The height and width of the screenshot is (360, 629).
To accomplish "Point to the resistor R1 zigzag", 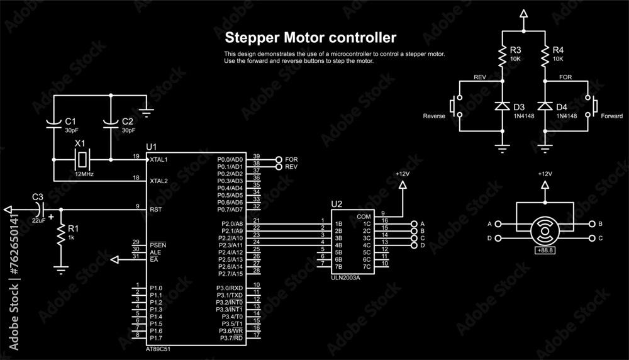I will tap(61, 236).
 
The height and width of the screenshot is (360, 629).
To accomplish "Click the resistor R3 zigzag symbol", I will tap(502, 57).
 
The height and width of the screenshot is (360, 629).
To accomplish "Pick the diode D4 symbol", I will tap(545, 106).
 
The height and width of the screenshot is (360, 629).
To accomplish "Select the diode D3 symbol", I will tap(502, 106).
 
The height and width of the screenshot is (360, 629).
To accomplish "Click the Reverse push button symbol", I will tap(457, 106).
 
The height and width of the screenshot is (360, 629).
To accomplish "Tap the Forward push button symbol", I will tap(591, 106).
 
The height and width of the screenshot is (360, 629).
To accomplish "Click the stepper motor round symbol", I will tap(545, 231).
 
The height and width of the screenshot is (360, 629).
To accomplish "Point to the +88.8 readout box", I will tap(545, 250).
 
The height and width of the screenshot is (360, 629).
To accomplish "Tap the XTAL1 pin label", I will tap(159, 160).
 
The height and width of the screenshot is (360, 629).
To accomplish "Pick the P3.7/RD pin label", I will tap(231, 338).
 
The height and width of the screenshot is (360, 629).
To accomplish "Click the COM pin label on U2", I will tap(364, 217).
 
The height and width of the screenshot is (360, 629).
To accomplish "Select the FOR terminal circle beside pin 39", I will tap(279, 159).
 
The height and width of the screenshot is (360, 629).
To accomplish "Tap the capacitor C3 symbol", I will tap(40, 208).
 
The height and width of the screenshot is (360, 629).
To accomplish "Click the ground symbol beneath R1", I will tap(61, 269).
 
